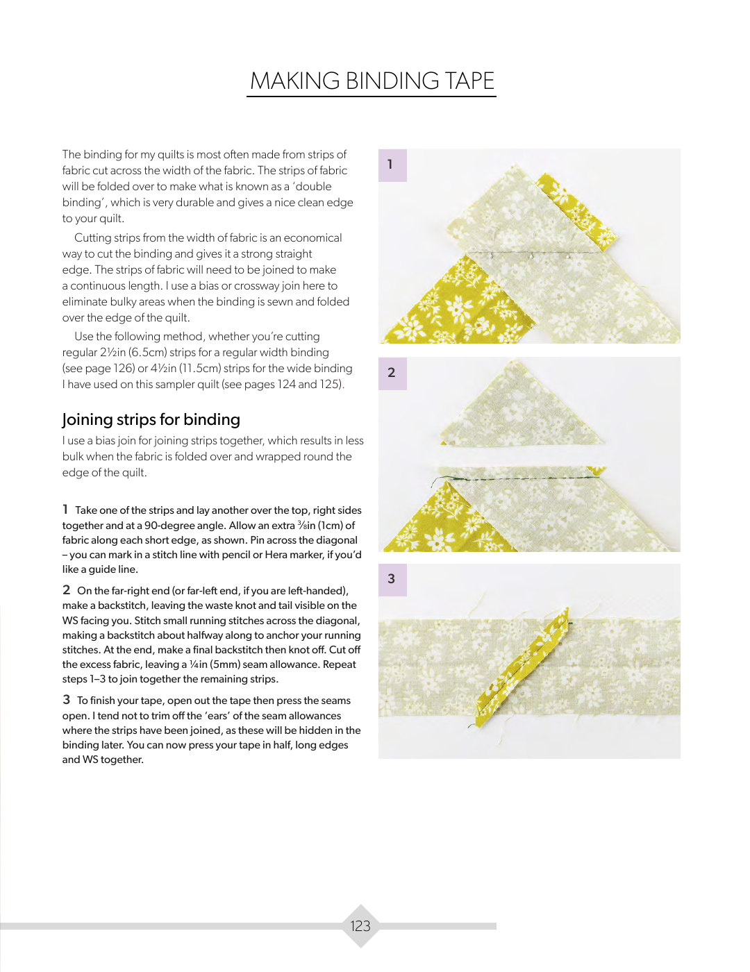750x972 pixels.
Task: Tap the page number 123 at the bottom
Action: tap(360, 925)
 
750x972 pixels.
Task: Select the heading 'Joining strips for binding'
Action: tap(151, 419)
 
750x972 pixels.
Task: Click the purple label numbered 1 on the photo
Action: tap(392, 165)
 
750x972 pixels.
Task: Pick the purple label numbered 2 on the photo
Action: tap(392, 373)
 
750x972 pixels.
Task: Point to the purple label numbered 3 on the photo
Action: tap(392, 579)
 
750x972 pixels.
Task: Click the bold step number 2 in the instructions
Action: tap(66, 590)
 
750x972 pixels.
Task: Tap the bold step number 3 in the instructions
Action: tap(66, 700)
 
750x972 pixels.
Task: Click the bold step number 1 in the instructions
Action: tap(65, 510)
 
